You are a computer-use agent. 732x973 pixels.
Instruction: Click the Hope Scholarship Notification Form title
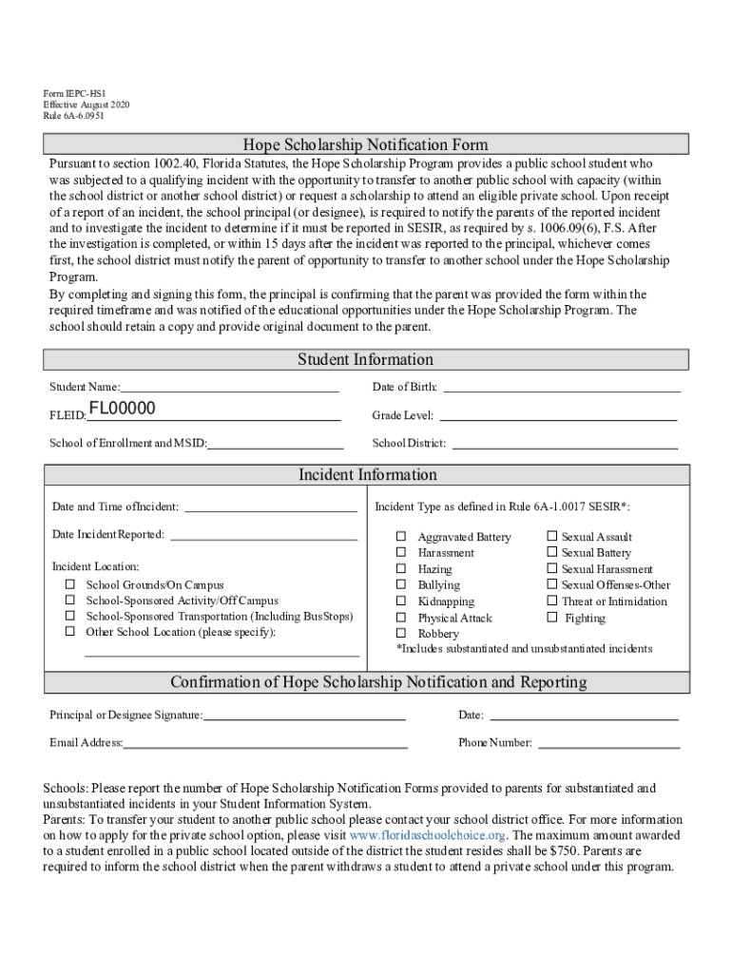366,145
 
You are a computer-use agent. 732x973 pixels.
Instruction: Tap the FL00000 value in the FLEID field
122,410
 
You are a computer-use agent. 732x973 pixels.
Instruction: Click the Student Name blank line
229,387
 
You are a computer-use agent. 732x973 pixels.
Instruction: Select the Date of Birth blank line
562,387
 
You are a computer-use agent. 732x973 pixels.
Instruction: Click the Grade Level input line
558,415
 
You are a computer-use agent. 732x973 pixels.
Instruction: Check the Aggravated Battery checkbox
401,537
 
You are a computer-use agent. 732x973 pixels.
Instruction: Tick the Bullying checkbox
401,585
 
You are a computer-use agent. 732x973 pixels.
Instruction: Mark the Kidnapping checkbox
401,601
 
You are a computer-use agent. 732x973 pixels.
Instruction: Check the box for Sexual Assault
551,537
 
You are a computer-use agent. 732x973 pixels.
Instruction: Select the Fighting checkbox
551,618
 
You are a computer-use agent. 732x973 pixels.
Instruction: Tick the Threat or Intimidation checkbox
551,601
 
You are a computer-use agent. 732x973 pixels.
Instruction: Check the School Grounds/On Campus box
70,585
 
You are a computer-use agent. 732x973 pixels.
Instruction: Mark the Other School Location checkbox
70,632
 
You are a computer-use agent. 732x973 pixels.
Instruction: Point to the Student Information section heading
366,360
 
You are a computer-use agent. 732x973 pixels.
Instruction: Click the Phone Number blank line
608,743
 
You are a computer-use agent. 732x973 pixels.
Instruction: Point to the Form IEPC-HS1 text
75,93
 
